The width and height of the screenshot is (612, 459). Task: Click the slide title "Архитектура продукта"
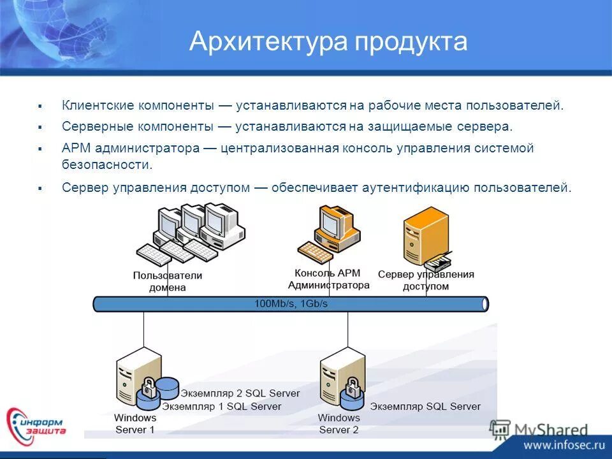coord(328,42)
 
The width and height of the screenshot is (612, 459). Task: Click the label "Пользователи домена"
coord(168,281)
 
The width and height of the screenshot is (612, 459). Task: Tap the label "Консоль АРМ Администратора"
coord(328,279)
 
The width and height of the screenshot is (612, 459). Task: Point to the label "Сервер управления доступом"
coord(426,280)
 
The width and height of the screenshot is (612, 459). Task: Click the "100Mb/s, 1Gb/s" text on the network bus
coord(291,304)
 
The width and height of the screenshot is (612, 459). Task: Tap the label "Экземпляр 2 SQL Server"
coord(240,393)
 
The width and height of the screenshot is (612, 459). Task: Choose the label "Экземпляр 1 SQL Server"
coord(221,406)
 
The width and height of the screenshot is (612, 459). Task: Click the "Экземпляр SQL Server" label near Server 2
coord(425,406)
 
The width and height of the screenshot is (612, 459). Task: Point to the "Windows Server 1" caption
coord(135,423)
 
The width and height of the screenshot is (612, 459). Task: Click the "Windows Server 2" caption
coord(339,423)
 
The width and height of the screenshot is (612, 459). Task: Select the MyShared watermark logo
coord(539,429)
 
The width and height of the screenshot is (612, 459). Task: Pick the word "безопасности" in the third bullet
coord(107,164)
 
